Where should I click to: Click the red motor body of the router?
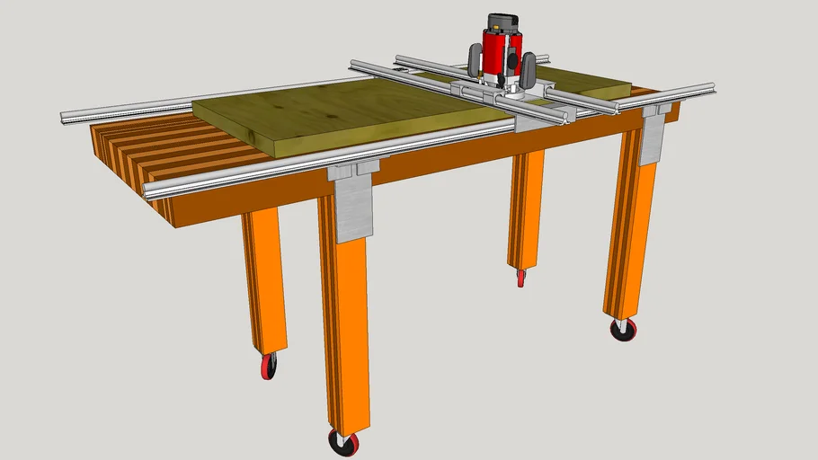(495, 52)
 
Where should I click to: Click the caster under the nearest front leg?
(342, 442)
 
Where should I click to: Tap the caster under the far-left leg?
(269, 366)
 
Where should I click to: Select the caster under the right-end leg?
(623, 329)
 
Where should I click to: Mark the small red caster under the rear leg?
(520, 278)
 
